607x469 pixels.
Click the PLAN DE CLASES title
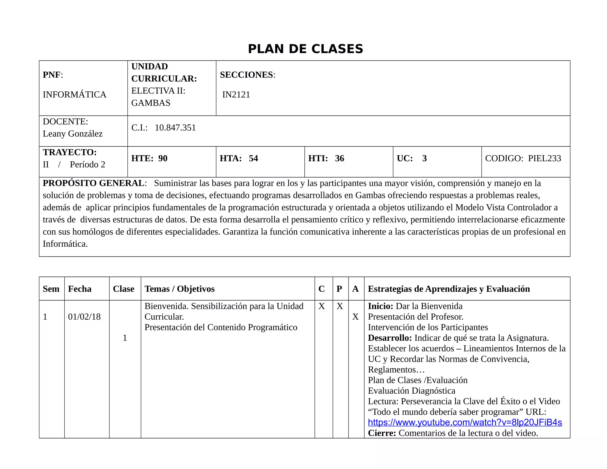(305, 49)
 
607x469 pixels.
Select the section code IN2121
(236, 95)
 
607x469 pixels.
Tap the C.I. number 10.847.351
(175, 127)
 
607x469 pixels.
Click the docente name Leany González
(73, 134)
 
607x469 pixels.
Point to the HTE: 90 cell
(149, 158)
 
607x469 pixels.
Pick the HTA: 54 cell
(239, 158)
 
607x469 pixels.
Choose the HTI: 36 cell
(326, 158)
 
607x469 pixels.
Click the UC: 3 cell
(412, 158)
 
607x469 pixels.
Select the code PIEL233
(544, 158)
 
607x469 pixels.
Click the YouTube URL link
(465, 422)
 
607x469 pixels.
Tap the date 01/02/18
(84, 317)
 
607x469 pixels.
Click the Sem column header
(51, 289)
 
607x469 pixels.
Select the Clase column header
(124, 289)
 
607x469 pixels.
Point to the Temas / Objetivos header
(179, 289)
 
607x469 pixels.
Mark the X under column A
(355, 317)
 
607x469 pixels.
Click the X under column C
(322, 306)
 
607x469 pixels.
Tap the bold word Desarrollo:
(390, 338)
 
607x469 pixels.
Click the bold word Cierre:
(382, 433)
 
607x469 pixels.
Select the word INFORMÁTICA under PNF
(74, 95)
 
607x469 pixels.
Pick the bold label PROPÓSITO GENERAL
(93, 183)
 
